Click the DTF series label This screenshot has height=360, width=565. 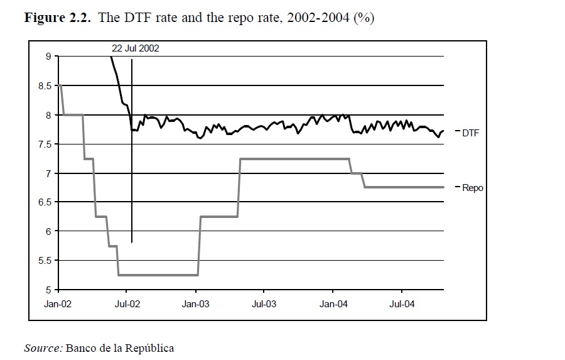(471, 133)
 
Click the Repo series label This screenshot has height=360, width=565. (473, 187)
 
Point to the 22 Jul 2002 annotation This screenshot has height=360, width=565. (136, 48)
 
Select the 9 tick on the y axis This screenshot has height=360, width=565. (48, 57)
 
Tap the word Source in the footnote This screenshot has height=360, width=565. (43, 347)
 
